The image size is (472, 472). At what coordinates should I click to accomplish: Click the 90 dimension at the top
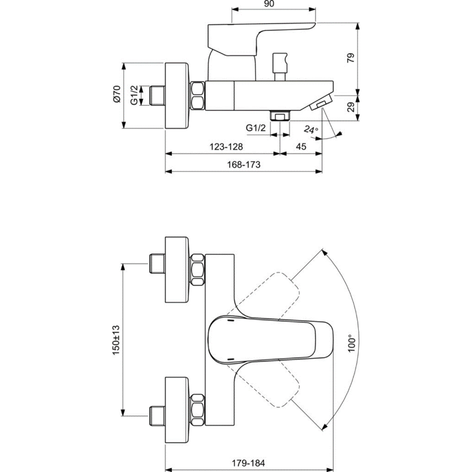269,4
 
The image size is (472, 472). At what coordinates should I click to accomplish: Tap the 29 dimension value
352,107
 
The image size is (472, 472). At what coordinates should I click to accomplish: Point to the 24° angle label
311,130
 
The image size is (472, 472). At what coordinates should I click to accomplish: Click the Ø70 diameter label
116,95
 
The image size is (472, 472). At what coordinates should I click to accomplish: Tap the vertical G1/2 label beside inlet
135,95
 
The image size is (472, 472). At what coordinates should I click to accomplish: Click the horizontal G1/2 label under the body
256,128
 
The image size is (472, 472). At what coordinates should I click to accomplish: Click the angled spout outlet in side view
321,103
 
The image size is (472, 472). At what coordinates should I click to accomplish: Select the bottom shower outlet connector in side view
279,115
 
